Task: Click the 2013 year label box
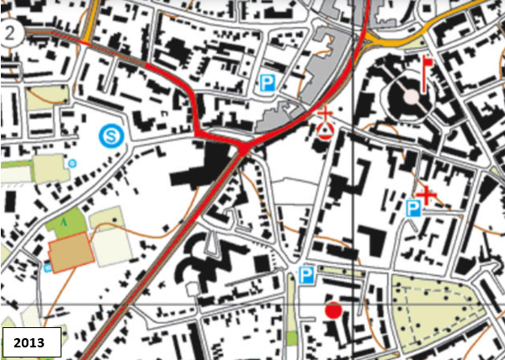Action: [32, 341]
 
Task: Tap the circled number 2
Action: [10, 34]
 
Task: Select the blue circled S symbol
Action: [109, 135]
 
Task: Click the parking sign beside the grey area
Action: [268, 82]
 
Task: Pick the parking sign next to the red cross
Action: [413, 208]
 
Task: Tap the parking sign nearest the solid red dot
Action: [306, 274]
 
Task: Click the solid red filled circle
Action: [333, 311]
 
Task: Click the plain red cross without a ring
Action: [427, 196]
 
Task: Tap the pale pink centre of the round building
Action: [410, 96]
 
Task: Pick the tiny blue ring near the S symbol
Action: [72, 162]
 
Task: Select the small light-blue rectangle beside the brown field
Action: [47, 267]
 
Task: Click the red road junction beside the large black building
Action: [242, 149]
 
